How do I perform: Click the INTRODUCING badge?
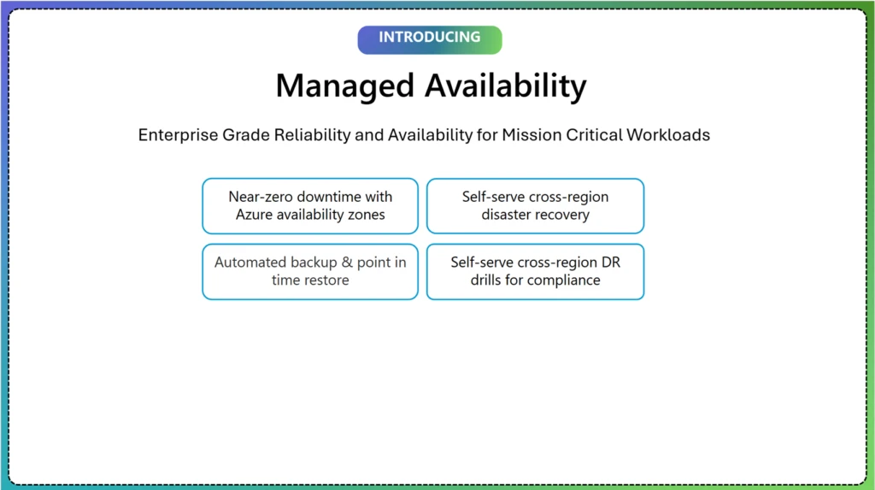click(429, 38)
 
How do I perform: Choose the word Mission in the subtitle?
click(531, 135)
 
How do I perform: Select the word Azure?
click(255, 215)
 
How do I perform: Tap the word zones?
click(365, 215)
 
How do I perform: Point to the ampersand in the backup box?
click(347, 263)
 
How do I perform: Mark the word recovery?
click(562, 215)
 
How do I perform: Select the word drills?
click(488, 280)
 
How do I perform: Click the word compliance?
click(564, 280)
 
